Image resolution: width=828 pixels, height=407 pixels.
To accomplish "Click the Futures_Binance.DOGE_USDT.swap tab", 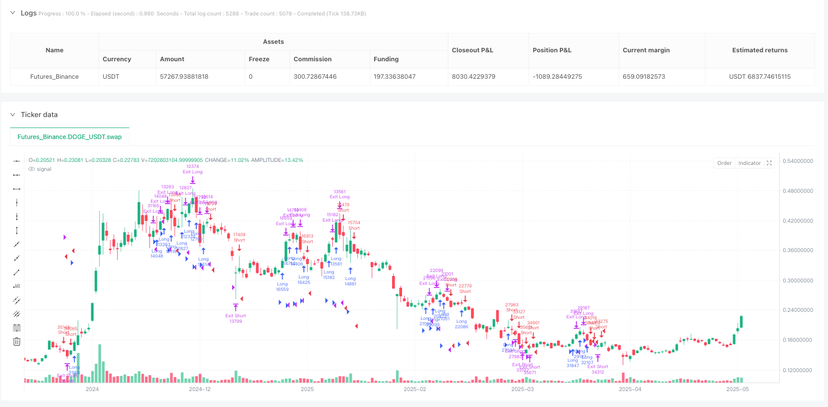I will click(69, 137).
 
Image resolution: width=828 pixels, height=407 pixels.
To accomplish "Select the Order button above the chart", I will click(724, 163).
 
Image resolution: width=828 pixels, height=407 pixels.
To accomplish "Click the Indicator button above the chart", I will click(749, 163).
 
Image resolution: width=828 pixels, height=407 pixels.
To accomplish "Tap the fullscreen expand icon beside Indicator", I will click(769, 163).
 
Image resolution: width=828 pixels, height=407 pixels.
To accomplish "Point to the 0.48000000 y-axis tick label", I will click(798, 191).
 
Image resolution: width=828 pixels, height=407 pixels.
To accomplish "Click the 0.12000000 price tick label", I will click(798, 370).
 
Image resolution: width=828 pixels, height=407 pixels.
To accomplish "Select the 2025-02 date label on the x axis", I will click(414, 389).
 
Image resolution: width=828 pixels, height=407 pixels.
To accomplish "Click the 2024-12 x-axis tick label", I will click(200, 389).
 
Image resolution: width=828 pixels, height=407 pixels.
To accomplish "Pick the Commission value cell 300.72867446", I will click(315, 77).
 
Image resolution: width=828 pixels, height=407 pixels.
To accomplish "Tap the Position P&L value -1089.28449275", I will click(557, 77).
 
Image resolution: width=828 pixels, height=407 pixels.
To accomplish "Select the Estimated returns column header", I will click(760, 50).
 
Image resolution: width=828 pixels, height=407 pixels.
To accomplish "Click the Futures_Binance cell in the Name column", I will click(54, 77).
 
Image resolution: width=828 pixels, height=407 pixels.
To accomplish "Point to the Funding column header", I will click(386, 59).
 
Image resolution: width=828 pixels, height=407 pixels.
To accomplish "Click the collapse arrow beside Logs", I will click(12, 13).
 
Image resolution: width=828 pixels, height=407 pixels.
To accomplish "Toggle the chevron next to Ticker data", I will click(12, 115).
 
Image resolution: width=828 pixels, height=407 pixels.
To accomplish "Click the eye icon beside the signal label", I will click(32, 169).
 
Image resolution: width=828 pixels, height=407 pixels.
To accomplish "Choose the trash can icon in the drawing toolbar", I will click(16, 342).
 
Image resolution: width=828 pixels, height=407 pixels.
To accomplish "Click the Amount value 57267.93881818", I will click(184, 77).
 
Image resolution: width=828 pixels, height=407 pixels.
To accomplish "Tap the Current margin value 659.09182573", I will click(644, 77).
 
